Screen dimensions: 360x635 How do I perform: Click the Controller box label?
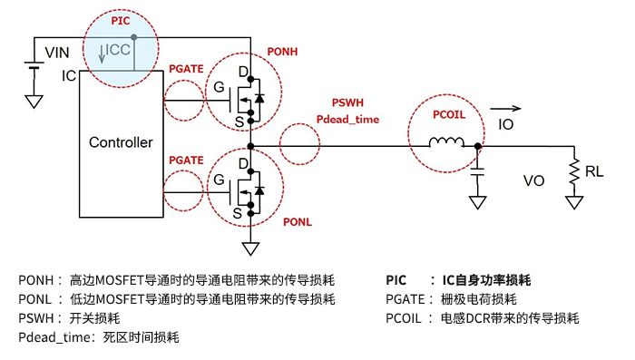pyautogui.click(x=121, y=142)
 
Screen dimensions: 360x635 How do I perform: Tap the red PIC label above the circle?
pyautogui.click(x=121, y=19)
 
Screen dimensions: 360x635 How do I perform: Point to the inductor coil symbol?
pyautogui.click(x=446, y=141)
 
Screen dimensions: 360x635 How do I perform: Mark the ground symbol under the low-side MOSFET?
pyautogui.click(x=249, y=246)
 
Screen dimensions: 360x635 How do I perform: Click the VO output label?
pyautogui.click(x=534, y=180)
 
